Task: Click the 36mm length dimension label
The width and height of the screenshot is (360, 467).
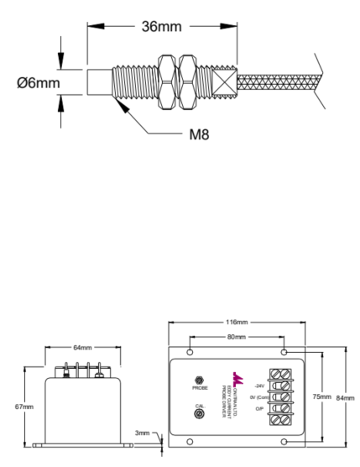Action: tap(159, 27)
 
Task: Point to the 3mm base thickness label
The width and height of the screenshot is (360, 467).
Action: tap(143, 433)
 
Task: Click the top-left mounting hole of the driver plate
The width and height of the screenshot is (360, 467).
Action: tap(190, 352)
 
